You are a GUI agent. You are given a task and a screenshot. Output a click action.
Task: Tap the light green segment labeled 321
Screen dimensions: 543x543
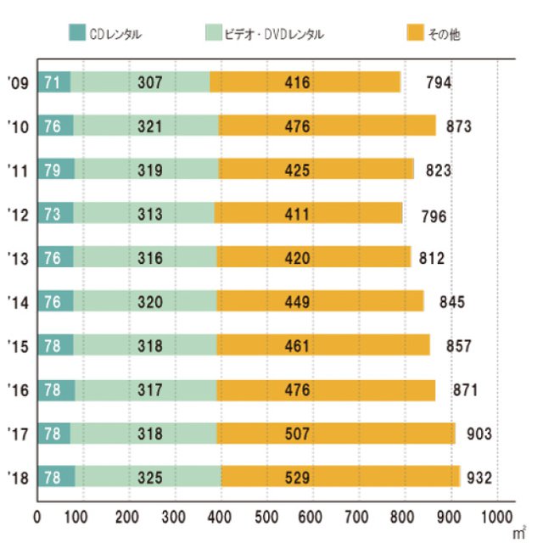point(147,126)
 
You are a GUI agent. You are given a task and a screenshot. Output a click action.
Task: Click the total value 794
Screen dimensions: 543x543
point(439,82)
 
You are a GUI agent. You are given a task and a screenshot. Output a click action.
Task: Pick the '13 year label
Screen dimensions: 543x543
point(18,258)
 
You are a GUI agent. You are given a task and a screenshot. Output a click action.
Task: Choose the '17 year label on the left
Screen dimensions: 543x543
point(18,433)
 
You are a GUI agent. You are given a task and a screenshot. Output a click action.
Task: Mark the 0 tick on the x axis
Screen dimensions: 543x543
point(37,515)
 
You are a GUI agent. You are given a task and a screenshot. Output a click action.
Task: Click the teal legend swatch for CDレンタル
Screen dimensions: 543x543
point(77,34)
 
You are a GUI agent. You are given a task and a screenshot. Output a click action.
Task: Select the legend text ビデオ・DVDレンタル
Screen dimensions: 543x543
point(276,34)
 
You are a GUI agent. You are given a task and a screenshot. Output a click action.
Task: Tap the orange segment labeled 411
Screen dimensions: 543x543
point(309,214)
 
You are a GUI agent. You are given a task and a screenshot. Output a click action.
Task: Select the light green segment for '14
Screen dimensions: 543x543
point(145,301)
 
